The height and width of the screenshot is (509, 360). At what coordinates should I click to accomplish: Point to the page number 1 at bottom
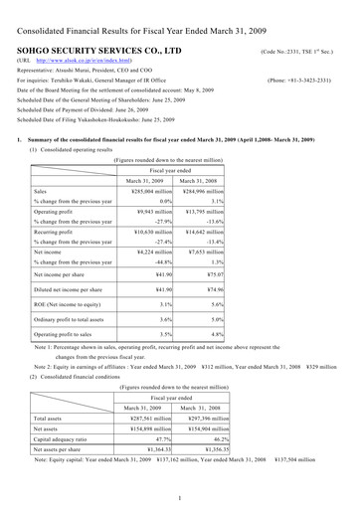tap(178, 497)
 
